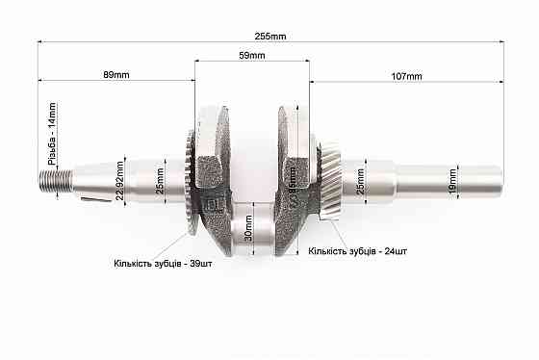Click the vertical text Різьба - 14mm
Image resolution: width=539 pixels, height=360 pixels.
point(52,135)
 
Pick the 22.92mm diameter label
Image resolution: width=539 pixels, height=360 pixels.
point(120,178)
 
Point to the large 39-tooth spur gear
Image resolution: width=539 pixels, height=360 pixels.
point(185,183)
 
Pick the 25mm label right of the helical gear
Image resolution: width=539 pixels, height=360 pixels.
point(361,178)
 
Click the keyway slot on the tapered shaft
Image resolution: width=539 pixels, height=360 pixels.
point(94,200)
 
